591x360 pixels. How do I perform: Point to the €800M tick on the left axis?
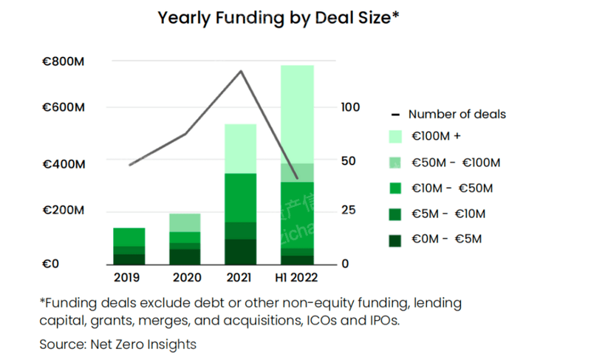click(x=63, y=62)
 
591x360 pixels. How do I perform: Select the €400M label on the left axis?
click(x=63, y=163)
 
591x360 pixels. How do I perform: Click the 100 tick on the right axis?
click(x=350, y=108)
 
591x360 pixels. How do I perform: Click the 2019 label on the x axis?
click(x=128, y=279)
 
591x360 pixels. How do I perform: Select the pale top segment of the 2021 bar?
click(x=240, y=149)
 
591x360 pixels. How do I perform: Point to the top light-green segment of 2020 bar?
click(x=185, y=223)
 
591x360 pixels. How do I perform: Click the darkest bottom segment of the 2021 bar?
click(x=240, y=251)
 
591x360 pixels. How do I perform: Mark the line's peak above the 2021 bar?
click(x=240, y=71)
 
